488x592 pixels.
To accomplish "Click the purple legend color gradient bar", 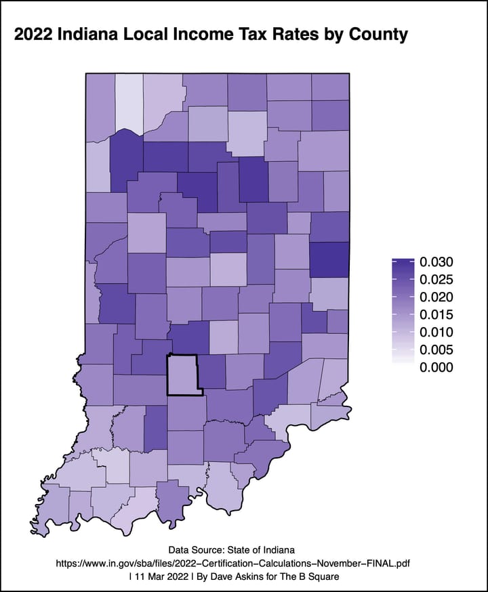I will tap(403, 314).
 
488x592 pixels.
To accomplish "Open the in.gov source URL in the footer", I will tap(243, 563).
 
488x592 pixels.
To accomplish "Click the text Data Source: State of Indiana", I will tap(243, 549).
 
